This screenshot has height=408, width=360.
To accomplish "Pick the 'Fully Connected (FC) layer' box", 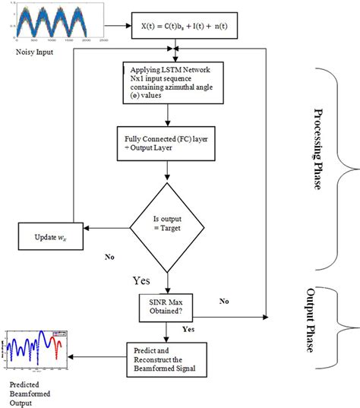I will pyautogui.click(x=176, y=145).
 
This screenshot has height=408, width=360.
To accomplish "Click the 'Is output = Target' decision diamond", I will pyautogui.click(x=176, y=226).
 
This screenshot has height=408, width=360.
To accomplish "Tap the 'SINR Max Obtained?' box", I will pyautogui.click(x=175, y=305).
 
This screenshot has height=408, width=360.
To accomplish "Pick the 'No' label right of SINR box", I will pyautogui.click(x=223, y=301).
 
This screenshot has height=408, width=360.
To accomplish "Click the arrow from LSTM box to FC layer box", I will pyautogui.click(x=176, y=116).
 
